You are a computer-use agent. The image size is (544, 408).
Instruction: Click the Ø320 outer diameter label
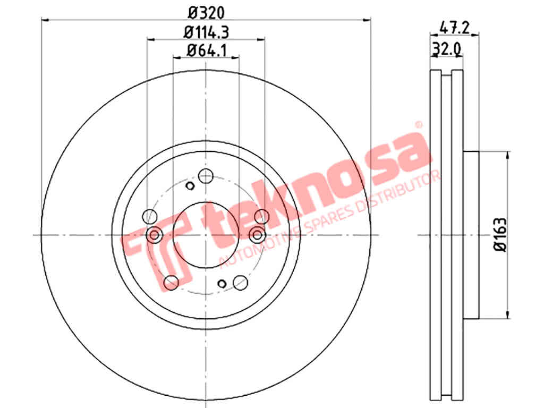click(206, 13)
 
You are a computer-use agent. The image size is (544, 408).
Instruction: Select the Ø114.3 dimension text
click(206, 32)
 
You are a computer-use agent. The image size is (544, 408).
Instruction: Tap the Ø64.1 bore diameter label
click(207, 50)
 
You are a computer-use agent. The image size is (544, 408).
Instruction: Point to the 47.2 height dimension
click(455, 28)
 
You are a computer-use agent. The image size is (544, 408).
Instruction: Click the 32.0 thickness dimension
click(446, 49)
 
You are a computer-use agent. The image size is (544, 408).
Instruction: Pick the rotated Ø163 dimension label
click(500, 235)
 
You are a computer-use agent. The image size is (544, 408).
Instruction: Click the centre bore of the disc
click(206, 235)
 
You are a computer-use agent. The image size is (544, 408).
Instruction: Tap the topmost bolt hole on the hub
click(206, 176)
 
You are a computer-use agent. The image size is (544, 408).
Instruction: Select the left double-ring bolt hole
click(155, 235)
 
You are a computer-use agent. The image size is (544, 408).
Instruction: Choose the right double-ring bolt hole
click(257, 235)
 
